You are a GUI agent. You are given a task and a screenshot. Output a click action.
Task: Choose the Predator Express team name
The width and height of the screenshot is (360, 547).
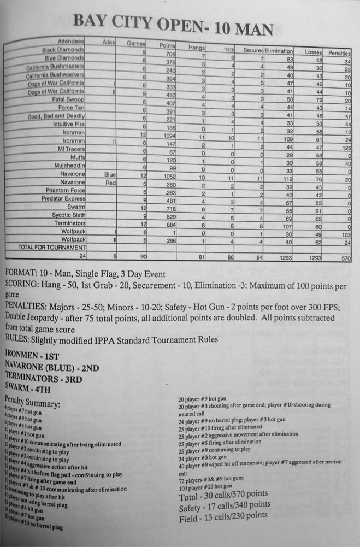pyautogui.click(x=63, y=199)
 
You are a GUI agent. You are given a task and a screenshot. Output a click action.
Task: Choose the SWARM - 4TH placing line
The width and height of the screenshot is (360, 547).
pyautogui.click(x=34, y=387)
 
